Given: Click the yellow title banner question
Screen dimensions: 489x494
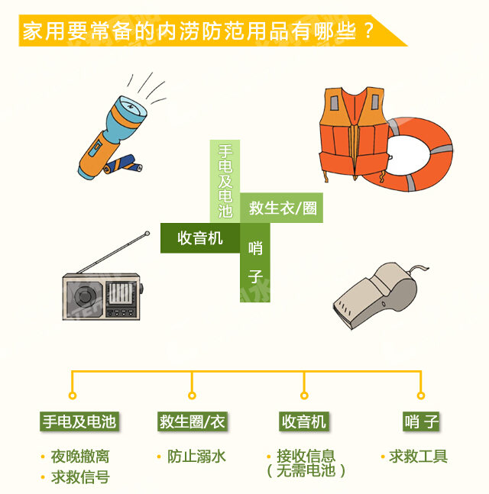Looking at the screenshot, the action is (199, 31).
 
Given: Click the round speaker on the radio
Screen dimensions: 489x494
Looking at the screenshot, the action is (85, 296).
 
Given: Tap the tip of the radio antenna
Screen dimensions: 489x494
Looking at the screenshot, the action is (147, 234).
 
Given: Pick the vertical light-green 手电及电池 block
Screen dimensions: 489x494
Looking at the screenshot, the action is (225, 181).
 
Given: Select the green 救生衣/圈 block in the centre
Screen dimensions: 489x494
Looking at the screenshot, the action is (281, 208).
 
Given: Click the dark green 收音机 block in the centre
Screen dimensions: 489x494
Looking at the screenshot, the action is (200, 238).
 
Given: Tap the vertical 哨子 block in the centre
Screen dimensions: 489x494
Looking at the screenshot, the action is (255, 263).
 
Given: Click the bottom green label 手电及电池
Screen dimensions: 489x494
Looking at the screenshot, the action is (79, 421).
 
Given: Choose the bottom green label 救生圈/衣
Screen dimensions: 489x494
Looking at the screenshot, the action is (193, 421).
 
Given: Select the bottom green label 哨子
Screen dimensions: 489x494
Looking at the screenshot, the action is (421, 421).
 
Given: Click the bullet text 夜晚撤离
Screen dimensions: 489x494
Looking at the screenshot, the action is (80, 456).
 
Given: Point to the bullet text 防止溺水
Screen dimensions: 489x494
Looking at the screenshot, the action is (196, 456).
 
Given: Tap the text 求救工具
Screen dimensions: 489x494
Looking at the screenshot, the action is (418, 456).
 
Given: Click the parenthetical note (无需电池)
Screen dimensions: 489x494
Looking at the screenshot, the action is (306, 470).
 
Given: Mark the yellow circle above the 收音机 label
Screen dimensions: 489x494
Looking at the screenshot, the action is (304, 396).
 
